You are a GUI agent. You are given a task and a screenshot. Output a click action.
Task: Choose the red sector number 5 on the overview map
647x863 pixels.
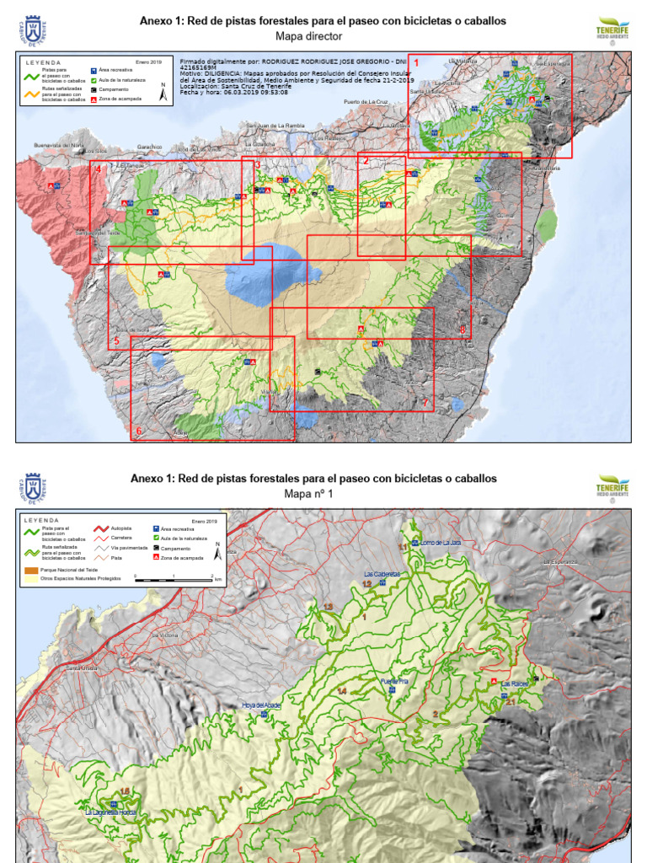point(116,341)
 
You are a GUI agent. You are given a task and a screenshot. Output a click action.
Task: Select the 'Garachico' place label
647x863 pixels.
point(150,145)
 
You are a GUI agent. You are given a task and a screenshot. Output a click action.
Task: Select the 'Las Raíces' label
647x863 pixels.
point(514,683)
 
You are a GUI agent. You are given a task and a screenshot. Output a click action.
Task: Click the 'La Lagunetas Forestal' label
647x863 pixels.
point(110,813)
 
